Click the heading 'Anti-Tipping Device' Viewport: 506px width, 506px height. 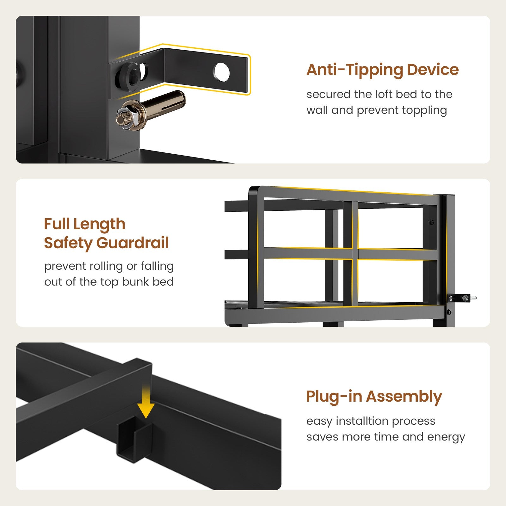click(x=382, y=70)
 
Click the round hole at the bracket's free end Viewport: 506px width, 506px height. click(x=222, y=71)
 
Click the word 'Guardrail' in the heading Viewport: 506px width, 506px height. click(x=133, y=243)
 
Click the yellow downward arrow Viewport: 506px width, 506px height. click(x=146, y=401)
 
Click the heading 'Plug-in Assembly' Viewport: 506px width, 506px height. click(x=374, y=397)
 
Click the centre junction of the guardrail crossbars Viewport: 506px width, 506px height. click(x=355, y=254)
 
